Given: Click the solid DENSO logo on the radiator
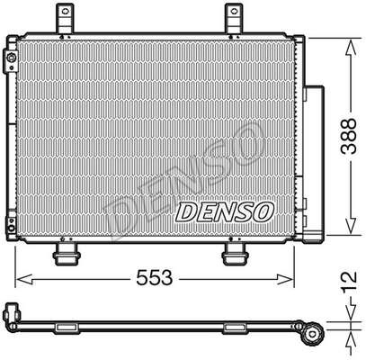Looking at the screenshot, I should [224, 212].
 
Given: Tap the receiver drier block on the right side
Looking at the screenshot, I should [315, 162].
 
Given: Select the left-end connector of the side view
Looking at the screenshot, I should [13, 315].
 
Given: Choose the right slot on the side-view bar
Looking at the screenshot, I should [236, 327].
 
